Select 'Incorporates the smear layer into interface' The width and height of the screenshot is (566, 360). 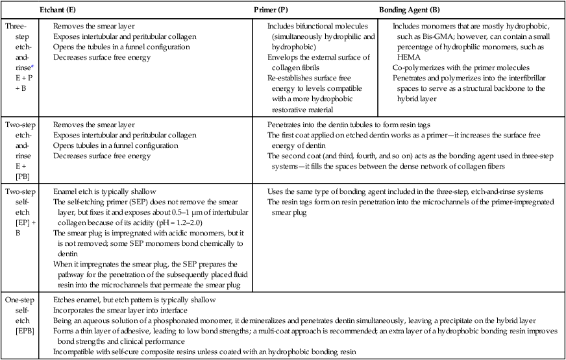click(123, 311)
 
